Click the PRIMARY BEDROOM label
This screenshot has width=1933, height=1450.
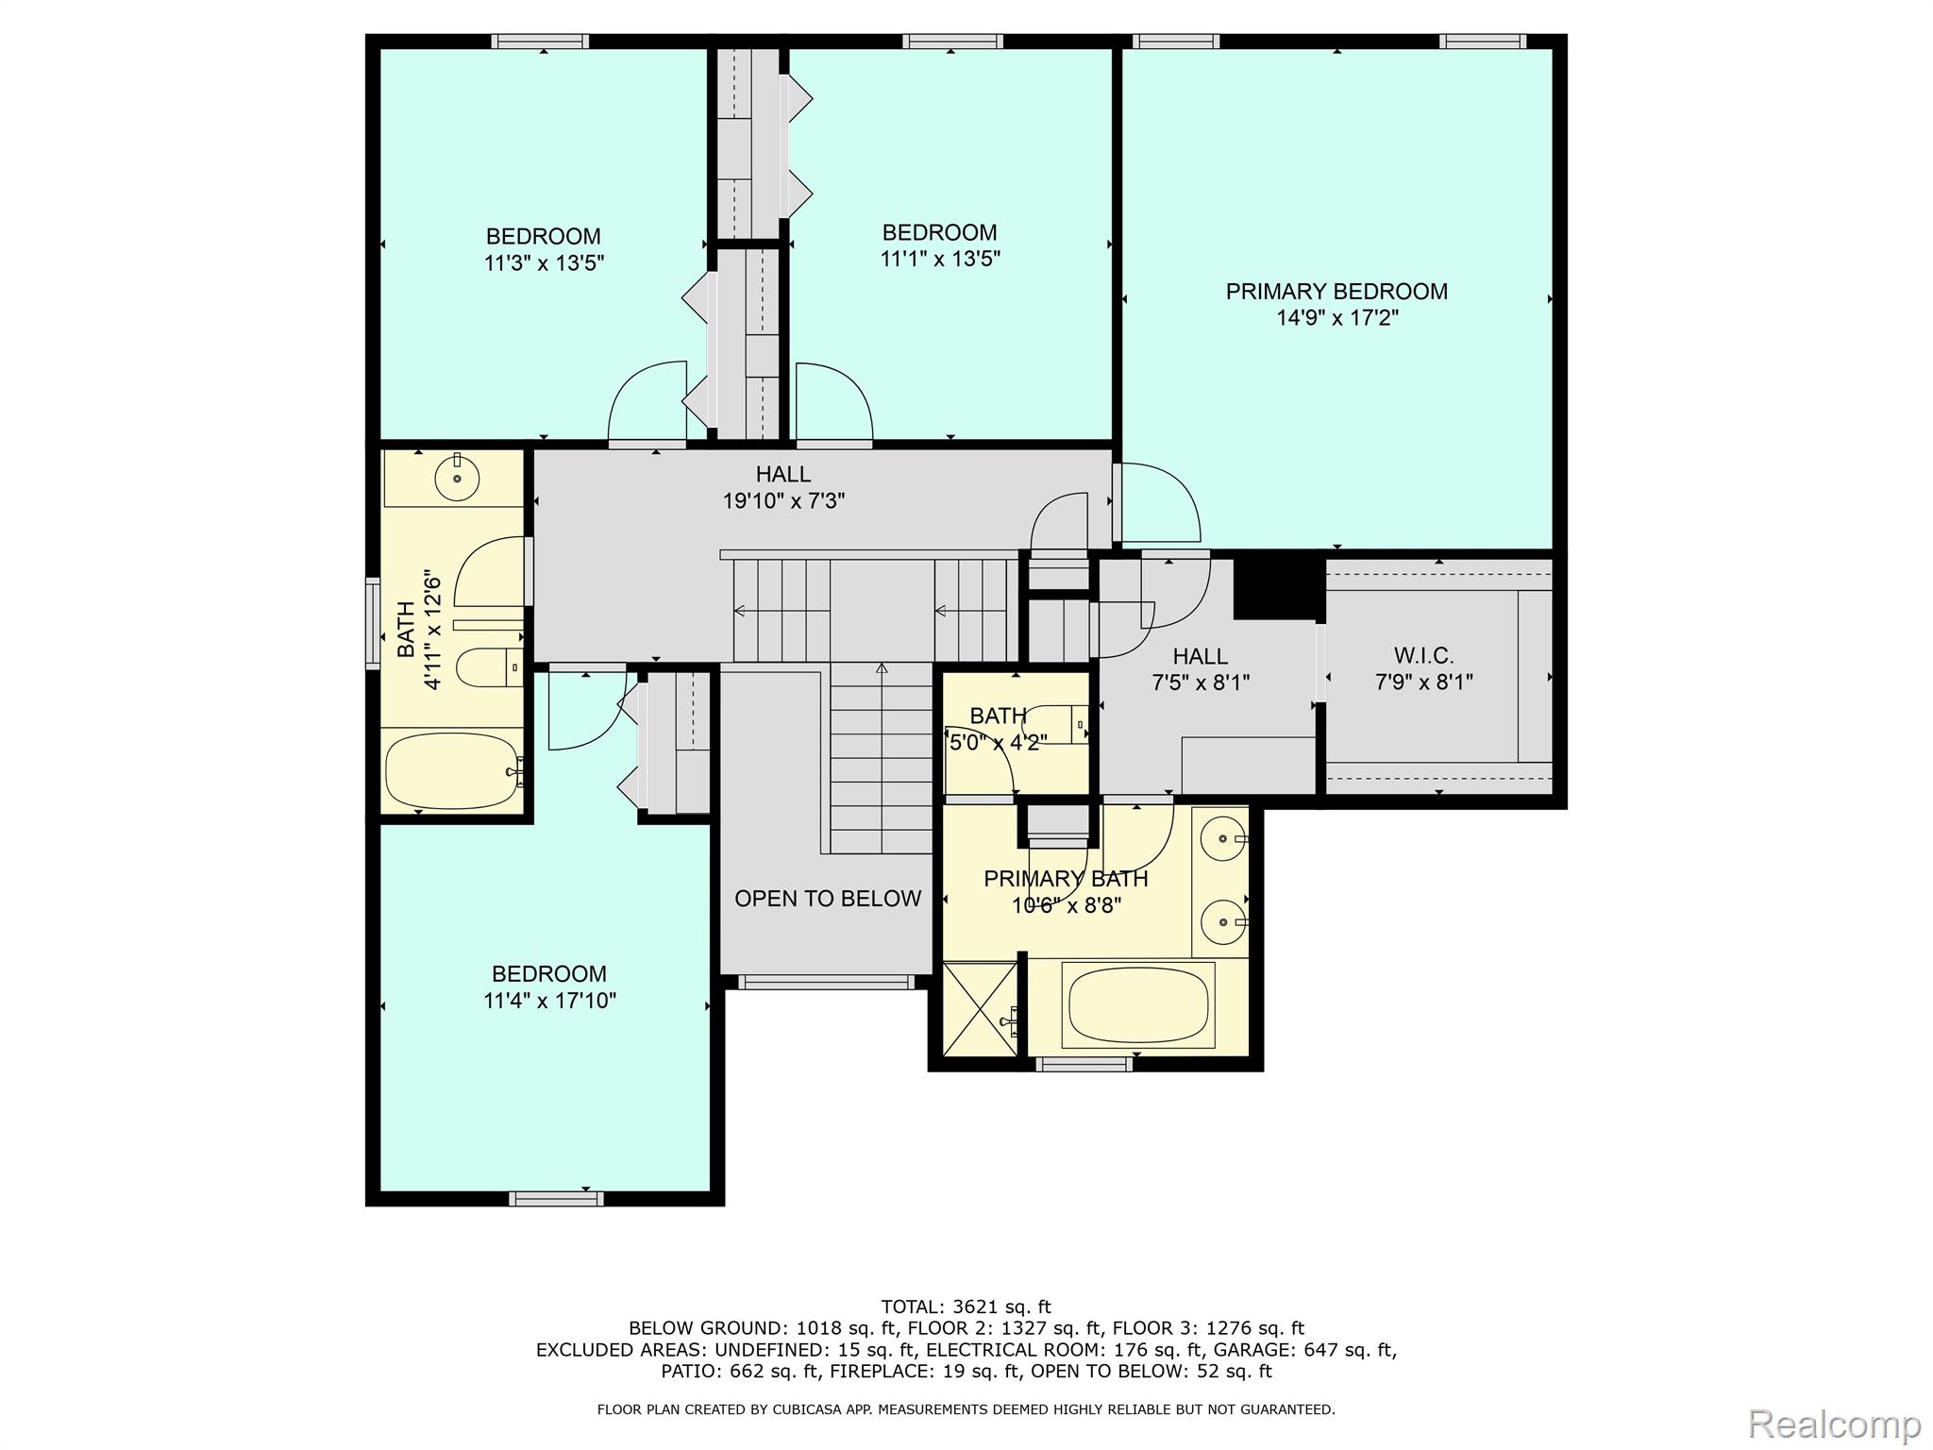1336,292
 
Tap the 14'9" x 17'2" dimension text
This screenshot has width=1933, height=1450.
1336,318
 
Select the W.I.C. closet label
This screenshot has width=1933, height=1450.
1423,655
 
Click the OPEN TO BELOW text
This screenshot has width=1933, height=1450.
828,899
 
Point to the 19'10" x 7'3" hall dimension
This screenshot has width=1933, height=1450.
783,501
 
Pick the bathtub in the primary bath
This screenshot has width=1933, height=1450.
1137,1004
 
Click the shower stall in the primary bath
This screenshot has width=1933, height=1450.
981,1008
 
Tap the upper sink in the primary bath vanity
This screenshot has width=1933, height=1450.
1224,838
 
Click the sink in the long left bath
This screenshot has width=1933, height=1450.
457,479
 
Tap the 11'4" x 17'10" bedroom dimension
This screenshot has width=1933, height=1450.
549,1001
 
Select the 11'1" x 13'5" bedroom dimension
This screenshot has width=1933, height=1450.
940,259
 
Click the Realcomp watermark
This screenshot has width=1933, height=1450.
1834,1423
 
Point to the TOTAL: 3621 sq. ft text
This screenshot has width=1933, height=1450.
966,1307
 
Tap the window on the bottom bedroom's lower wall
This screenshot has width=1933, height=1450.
556,1199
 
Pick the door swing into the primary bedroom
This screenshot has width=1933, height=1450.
1161,502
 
